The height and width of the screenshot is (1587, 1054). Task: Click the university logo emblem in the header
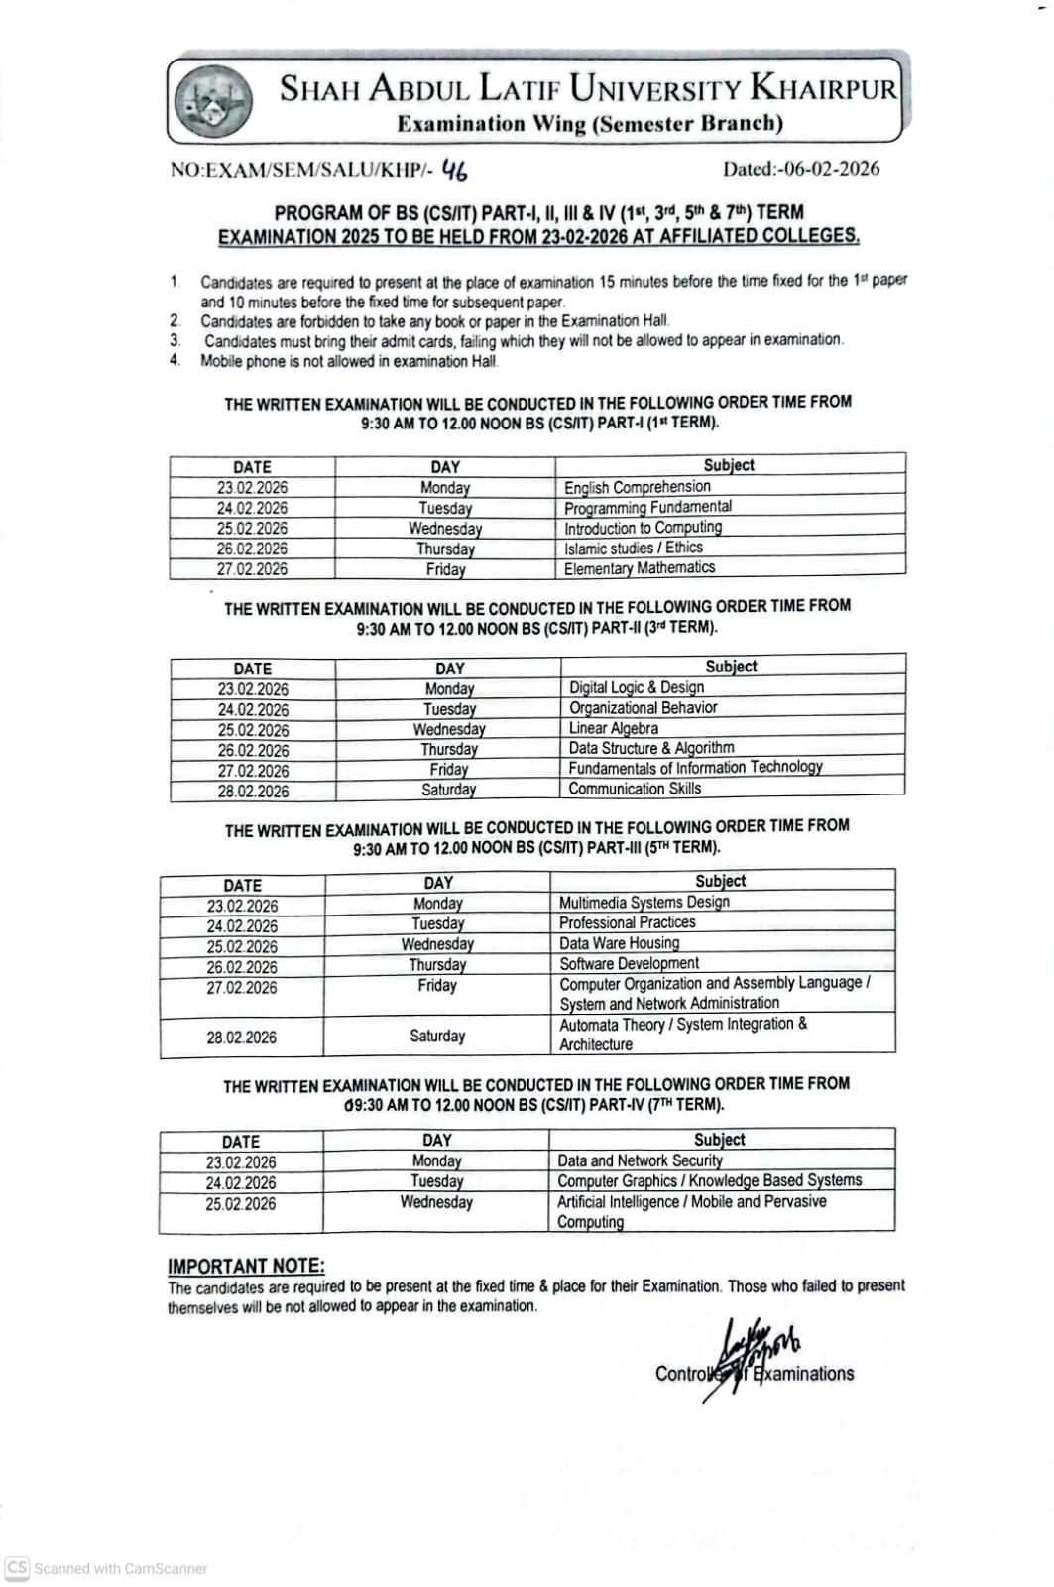(x=212, y=101)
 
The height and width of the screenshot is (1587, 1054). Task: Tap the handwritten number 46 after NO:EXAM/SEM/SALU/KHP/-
(x=455, y=170)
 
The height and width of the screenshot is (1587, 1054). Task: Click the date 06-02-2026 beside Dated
(x=831, y=169)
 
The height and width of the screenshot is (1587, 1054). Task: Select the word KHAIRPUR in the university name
(x=823, y=88)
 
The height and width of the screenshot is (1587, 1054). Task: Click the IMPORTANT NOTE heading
(x=246, y=1266)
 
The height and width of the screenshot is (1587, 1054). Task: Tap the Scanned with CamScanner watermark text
(x=120, y=1568)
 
